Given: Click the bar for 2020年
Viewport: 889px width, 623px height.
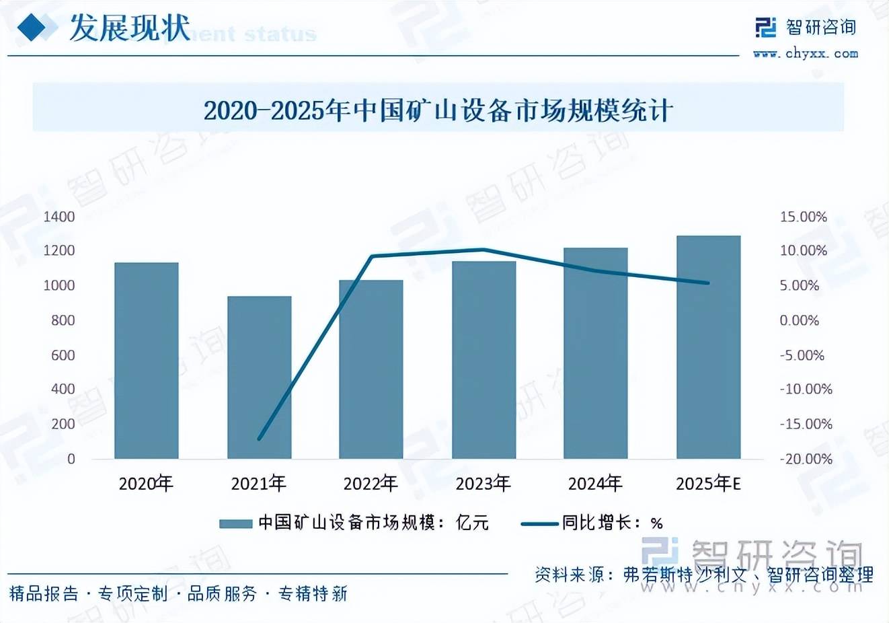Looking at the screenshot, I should tap(147, 361).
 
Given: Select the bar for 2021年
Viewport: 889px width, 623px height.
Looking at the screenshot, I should tap(259, 377).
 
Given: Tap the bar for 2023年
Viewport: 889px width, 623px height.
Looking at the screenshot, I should tap(484, 360).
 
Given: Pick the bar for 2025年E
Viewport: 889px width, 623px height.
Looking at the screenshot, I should tap(708, 347).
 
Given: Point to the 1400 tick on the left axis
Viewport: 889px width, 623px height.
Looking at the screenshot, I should tap(59, 217).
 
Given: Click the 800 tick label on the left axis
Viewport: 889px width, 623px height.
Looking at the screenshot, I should tap(63, 320).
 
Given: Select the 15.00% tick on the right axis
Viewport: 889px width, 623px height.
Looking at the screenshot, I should tap(803, 217).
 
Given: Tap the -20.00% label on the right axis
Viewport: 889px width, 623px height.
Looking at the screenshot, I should tap(806, 459).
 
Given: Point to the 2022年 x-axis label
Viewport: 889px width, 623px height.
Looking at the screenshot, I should tap(371, 483).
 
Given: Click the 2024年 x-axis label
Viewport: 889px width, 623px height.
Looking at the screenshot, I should tap(595, 483).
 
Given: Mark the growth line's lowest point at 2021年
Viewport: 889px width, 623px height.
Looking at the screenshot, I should tap(259, 439).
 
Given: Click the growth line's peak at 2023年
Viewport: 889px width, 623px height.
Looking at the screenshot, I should tap(484, 250).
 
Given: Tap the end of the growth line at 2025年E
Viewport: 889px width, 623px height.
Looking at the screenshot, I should tap(708, 283).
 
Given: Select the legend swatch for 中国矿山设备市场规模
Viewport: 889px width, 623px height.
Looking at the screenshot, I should tap(235, 523).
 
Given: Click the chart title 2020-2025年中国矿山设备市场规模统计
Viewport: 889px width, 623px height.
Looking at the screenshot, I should tap(438, 110).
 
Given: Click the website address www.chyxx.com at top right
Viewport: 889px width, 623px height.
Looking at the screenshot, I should tap(806, 54).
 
